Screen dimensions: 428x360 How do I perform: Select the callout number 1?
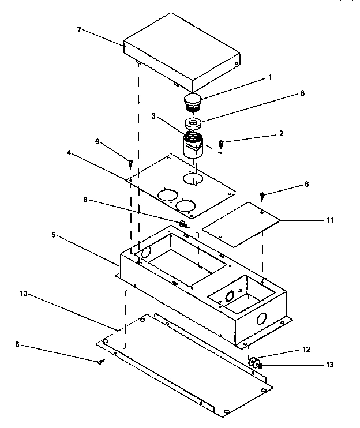click(269, 76)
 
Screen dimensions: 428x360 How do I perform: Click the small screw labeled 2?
click(220, 142)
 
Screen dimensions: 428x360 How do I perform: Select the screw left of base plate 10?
click(102, 361)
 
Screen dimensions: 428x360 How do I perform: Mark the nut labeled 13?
click(258, 365)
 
